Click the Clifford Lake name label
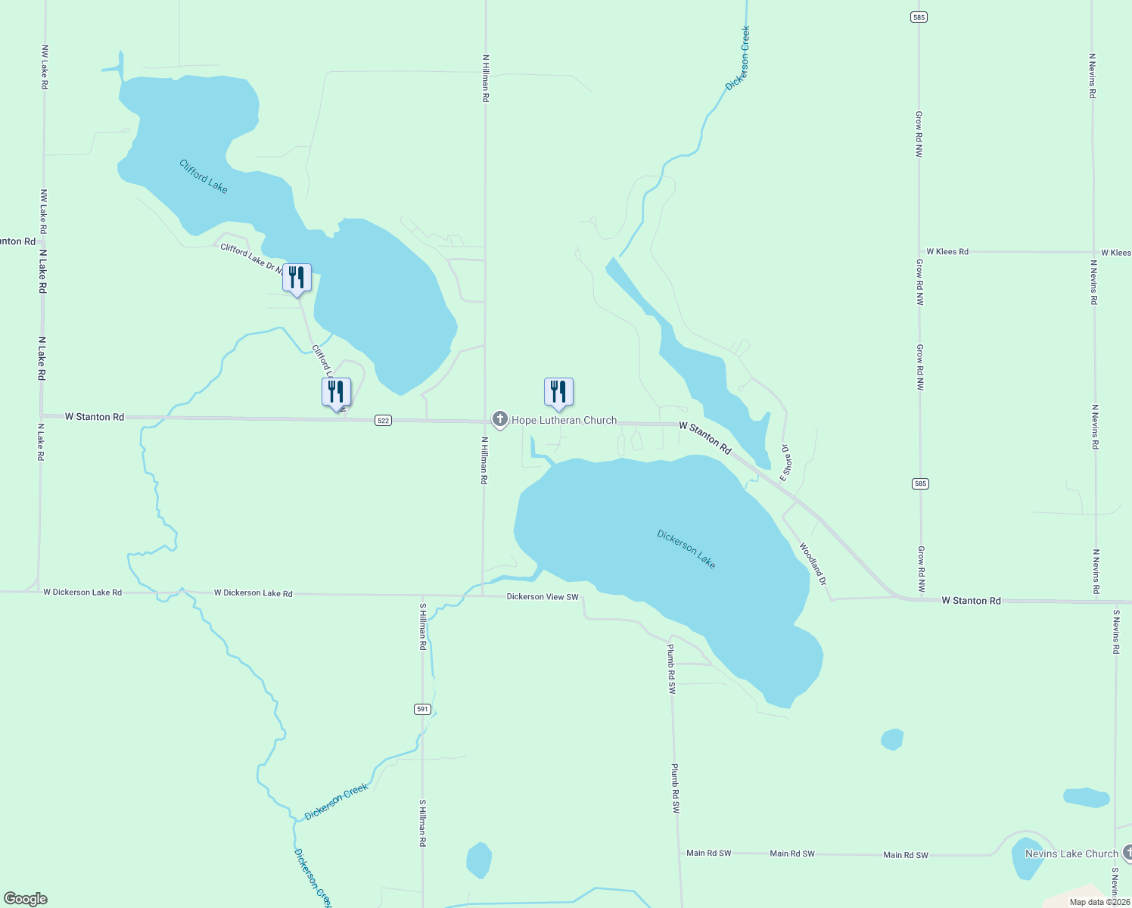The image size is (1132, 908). pos(204,176)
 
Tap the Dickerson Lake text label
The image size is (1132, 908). pos(686,549)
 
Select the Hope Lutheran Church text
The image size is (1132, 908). pos(564,421)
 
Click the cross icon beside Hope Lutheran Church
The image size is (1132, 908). pos(499,419)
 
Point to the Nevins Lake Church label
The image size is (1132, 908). pos(1071,854)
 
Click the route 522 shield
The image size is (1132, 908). pos(383,421)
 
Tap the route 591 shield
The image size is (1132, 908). pos(422,709)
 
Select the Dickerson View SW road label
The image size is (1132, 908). pos(543,597)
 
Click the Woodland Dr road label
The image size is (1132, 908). pos(813,564)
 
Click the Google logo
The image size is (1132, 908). pos(25,899)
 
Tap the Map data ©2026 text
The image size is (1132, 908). pos(1099,902)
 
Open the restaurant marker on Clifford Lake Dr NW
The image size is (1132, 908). pos(297,278)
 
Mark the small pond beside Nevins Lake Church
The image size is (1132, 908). pos(1026,859)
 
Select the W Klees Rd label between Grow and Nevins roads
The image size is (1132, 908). pos(947,251)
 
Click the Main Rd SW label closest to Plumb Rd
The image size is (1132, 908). pos(709,853)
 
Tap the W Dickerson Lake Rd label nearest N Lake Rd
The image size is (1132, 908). pos(82,592)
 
